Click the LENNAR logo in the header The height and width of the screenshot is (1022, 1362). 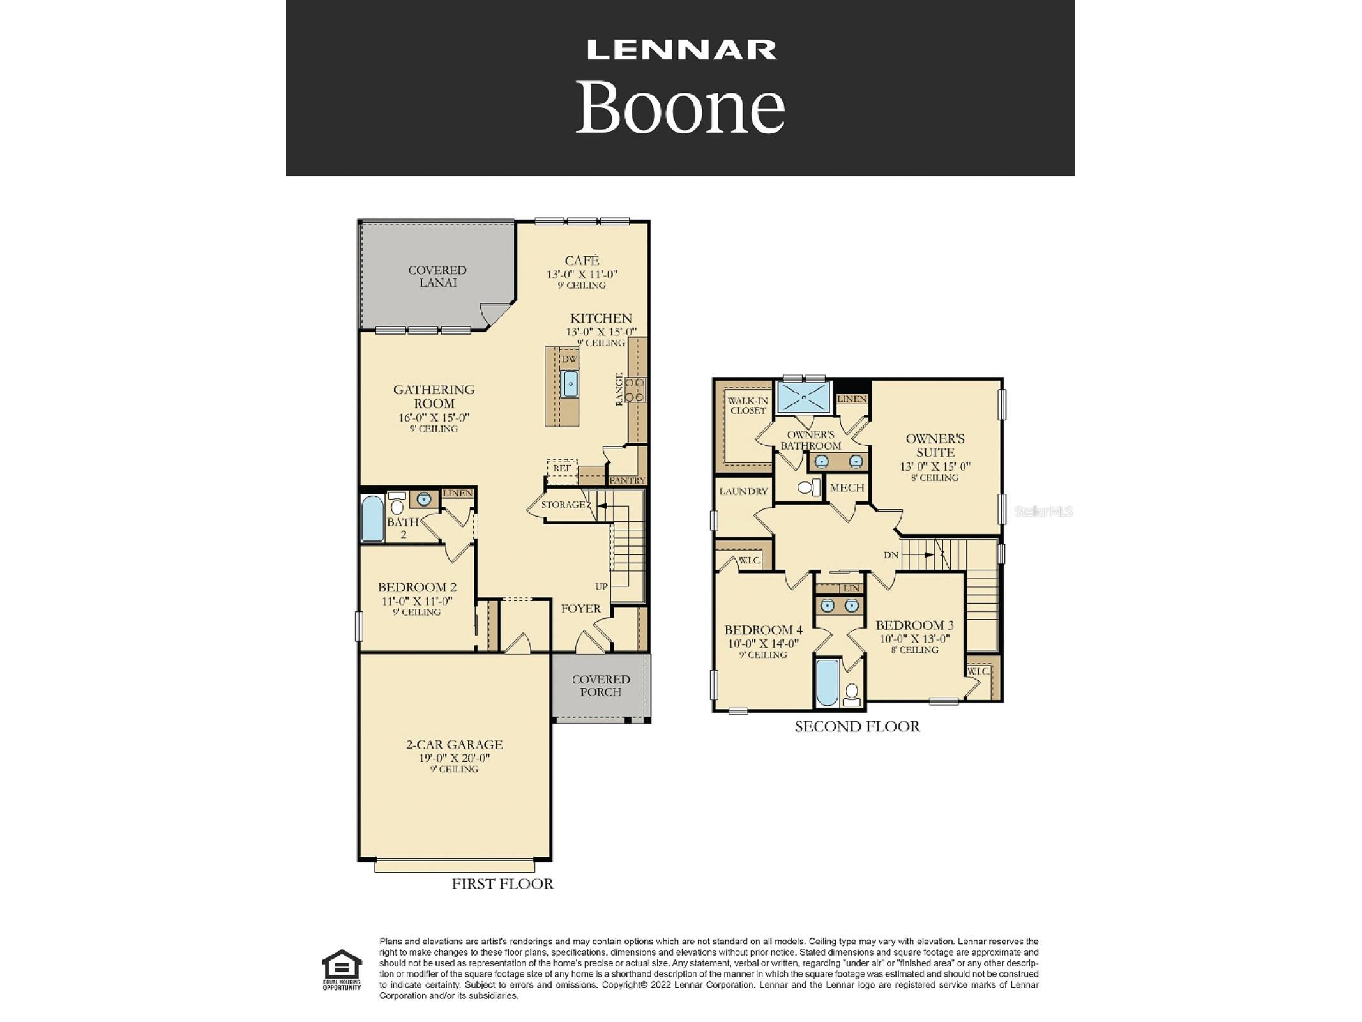[x=681, y=50]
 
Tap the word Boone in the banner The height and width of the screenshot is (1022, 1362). [x=681, y=107]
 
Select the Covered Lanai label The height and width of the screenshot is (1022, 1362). [x=437, y=277]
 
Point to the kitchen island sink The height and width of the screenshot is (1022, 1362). [x=570, y=384]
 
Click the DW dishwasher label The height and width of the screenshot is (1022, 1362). [x=569, y=359]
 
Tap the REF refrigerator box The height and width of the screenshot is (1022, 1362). [x=562, y=468]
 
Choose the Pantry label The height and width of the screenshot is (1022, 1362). [x=627, y=480]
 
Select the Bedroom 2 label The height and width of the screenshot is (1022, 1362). [x=417, y=587]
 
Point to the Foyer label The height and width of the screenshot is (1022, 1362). [x=581, y=609]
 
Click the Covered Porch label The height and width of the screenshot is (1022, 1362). [x=601, y=685]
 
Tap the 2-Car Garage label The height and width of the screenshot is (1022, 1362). [x=455, y=744]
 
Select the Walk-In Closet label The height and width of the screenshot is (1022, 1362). [x=748, y=406]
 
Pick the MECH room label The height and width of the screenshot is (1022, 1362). [x=847, y=487]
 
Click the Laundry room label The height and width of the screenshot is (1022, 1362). [x=743, y=491]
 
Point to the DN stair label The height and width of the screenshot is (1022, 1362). [x=891, y=555]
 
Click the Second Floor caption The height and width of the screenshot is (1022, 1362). [x=857, y=726]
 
